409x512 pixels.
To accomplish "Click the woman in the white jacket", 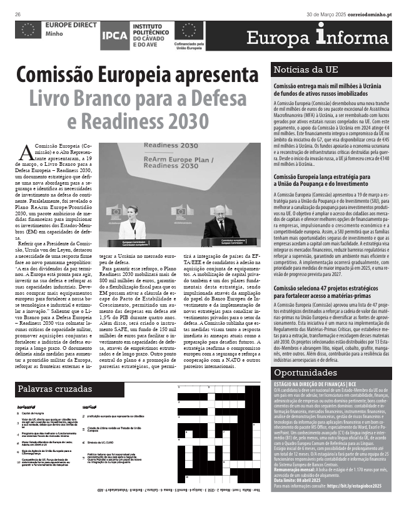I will [132, 222].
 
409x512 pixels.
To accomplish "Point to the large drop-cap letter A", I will [26, 150].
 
